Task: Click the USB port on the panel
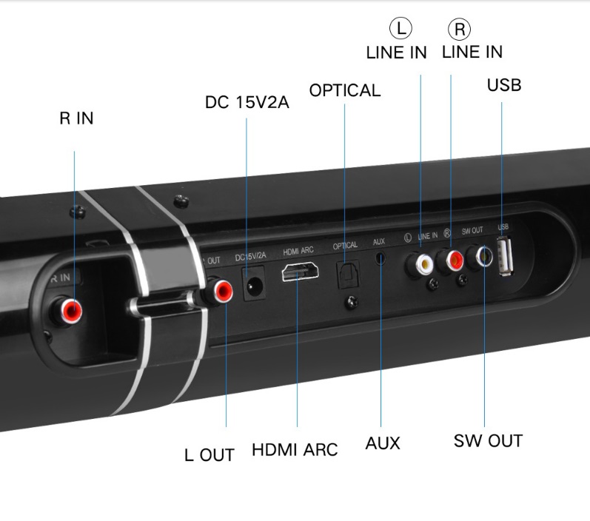pos(505,256)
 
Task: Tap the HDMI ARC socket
pos(301,272)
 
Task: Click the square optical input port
pos(348,275)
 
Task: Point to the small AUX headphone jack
pos(381,258)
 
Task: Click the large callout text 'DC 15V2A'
pos(247,102)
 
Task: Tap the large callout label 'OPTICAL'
pos(345,90)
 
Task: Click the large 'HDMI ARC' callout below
pos(295,450)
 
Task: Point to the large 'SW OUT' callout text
pos(488,441)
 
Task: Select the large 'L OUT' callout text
pos(209,455)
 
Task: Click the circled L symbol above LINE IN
pos(400,28)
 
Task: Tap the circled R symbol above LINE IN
pos(459,29)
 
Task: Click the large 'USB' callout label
pos(504,85)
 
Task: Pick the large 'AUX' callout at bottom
pos(382,443)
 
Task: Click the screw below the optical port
pos(352,302)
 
